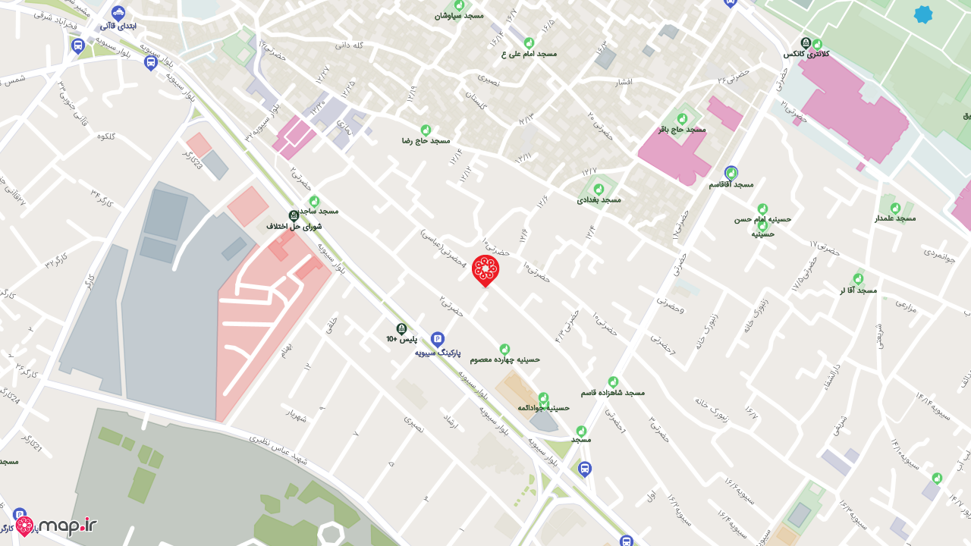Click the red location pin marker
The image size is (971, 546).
tap(485, 269)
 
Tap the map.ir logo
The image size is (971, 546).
tap(57, 526)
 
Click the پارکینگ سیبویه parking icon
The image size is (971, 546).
tap(438, 339)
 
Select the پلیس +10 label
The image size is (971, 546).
tap(402, 339)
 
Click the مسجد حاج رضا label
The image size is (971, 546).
tap(426, 141)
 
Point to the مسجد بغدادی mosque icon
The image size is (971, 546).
tap(599, 188)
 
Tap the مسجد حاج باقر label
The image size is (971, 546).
tap(682, 130)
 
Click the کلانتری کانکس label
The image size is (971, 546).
tap(806, 54)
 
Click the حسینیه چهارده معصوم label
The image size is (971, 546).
tap(504, 359)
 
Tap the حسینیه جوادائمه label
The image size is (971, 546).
tap(543, 407)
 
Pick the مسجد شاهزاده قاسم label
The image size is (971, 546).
tap(613, 393)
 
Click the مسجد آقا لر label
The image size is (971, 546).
tap(858, 290)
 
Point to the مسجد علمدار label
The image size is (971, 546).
tap(895, 218)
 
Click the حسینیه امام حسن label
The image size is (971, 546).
tap(762, 219)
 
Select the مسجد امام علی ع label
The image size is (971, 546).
tap(529, 54)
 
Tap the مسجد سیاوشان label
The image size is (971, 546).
tap(459, 15)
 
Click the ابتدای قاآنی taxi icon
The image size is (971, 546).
tap(118, 13)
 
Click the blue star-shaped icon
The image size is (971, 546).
tap(922, 14)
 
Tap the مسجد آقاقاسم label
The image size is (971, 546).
tap(731, 184)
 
